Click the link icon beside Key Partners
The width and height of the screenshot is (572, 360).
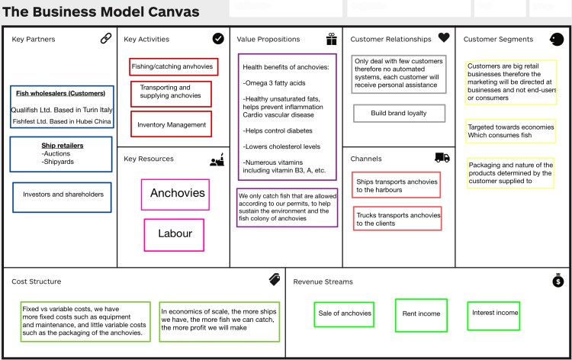[105, 39]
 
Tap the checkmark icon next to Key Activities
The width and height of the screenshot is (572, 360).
[218, 38]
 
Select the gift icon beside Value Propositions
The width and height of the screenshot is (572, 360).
[331, 39]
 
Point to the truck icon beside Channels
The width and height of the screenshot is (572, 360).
[442, 158]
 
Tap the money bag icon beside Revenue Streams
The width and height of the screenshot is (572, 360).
[558, 281]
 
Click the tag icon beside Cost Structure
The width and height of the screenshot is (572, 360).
[275, 280]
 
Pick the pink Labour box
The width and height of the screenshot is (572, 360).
[175, 234]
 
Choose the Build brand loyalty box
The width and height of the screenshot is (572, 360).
[399, 113]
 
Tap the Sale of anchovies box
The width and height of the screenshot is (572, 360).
[344, 313]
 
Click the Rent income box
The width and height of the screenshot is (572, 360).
[420, 314]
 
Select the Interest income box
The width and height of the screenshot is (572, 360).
[495, 313]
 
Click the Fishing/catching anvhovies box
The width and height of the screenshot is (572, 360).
[173, 66]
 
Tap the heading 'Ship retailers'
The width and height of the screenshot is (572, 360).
[63, 145]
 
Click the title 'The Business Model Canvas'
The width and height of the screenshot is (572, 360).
[101, 12]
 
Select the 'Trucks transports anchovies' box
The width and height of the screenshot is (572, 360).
[397, 220]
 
